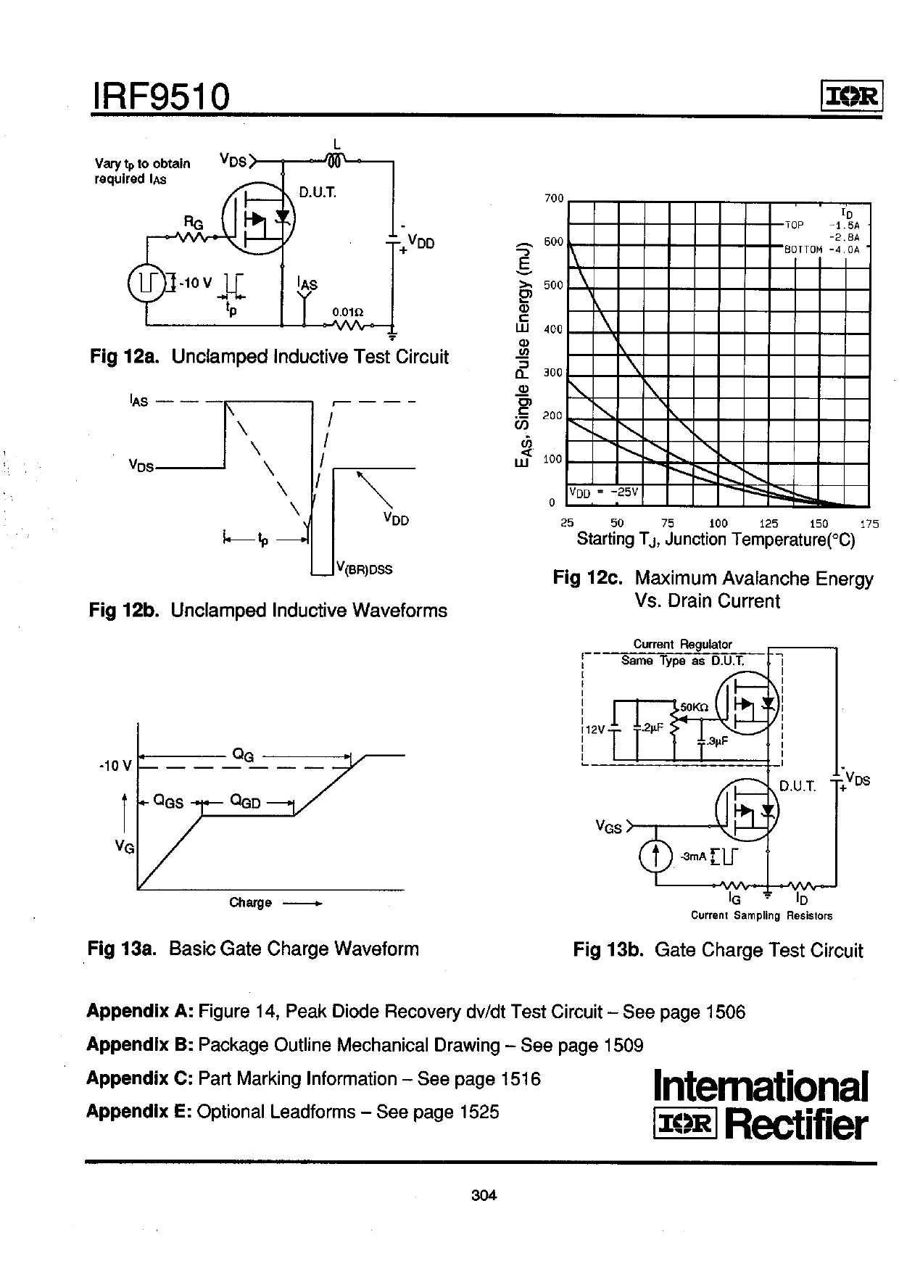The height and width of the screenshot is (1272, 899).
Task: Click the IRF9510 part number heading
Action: tap(160, 96)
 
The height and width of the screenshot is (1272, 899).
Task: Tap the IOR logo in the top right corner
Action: tap(851, 96)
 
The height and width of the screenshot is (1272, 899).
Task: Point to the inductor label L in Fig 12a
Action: tap(336, 144)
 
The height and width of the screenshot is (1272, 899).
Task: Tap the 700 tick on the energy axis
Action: tap(554, 199)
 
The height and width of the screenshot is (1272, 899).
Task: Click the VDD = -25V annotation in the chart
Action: tap(603, 492)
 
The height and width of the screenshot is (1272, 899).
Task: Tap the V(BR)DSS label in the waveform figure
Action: tap(364, 569)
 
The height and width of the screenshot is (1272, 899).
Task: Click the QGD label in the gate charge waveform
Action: tap(245, 801)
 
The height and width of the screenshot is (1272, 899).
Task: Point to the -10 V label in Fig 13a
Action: tap(116, 765)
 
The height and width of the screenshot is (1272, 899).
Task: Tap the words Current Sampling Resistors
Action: tap(761, 915)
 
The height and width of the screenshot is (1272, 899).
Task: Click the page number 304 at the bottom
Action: tap(484, 1196)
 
